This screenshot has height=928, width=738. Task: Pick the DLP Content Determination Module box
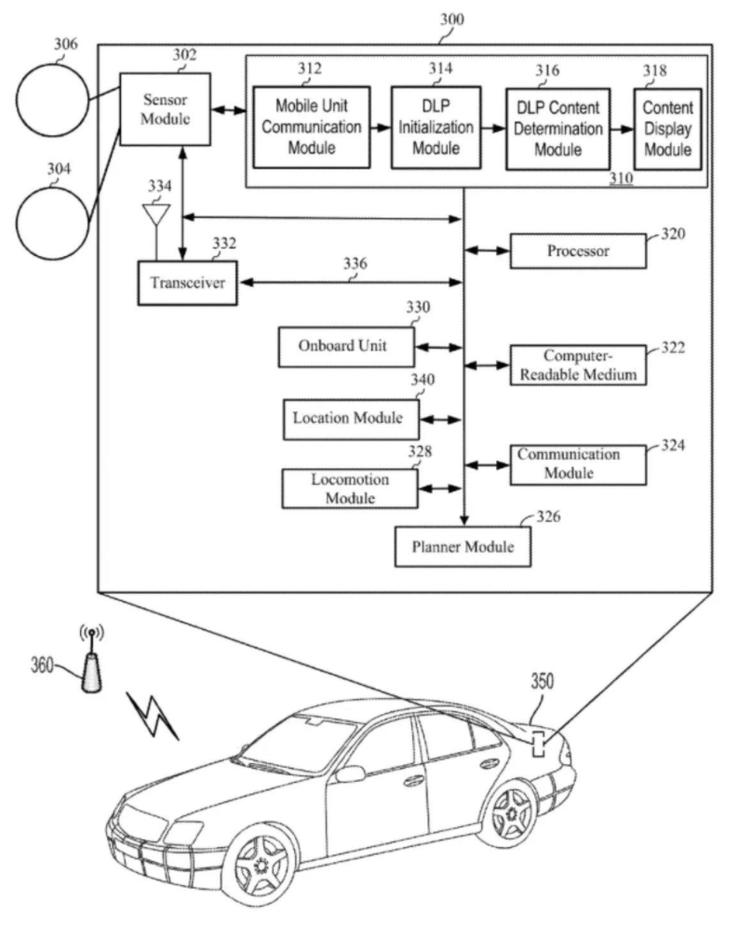coord(557,128)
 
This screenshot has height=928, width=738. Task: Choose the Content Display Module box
coord(667,128)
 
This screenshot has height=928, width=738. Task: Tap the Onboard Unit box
coord(344,346)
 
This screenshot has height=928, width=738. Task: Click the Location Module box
coord(349,418)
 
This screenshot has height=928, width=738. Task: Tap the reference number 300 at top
coord(451,19)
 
